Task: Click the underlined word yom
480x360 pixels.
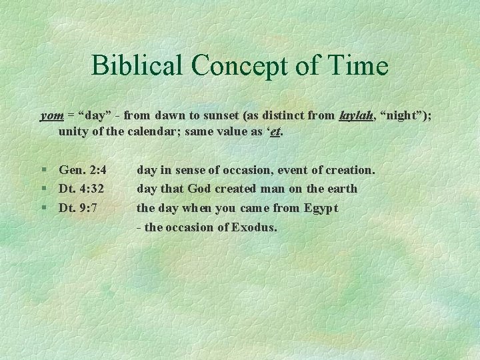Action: pos(52,115)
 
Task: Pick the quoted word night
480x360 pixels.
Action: pos(405,115)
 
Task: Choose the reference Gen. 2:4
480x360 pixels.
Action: pos(83,170)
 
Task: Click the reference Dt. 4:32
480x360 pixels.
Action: pos(81,189)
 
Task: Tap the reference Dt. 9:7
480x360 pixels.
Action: pos(78,207)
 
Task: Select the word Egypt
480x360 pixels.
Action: pos(321,207)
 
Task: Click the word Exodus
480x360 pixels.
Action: pos(254,227)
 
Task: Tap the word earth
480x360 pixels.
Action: pos(342,189)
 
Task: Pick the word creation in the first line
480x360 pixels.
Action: pos(351,170)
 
